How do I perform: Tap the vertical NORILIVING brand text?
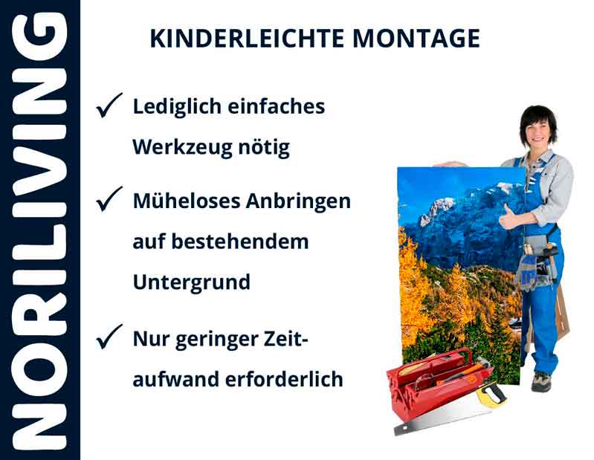pyautogui.click(x=39, y=230)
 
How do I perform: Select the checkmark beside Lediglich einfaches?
pyautogui.click(x=109, y=107)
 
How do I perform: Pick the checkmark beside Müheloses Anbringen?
pyautogui.click(x=109, y=200)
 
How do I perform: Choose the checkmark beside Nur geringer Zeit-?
pyautogui.click(x=109, y=339)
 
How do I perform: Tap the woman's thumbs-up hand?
pyautogui.click(x=510, y=216)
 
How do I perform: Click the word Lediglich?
pyautogui.click(x=177, y=106)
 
